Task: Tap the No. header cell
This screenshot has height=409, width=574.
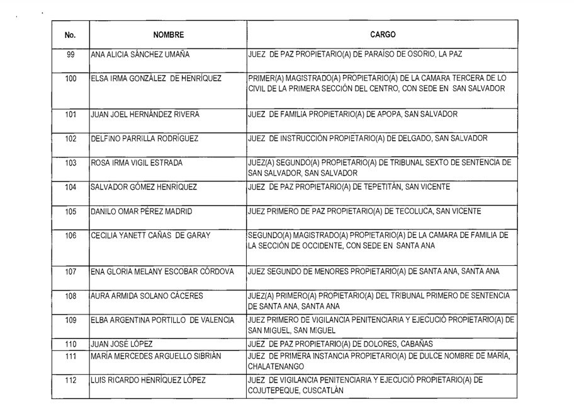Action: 70,35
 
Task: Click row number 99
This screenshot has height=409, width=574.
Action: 70,55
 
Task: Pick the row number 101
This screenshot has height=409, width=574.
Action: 70,114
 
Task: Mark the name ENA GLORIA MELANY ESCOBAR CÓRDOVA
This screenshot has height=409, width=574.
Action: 163,272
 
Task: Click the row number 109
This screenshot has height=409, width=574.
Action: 70,320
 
